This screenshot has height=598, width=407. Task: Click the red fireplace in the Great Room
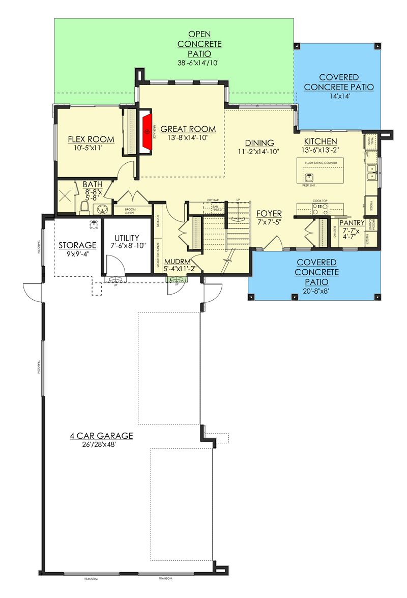click(148, 131)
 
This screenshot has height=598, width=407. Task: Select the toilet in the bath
click(85, 206)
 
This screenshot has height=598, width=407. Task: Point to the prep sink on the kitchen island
click(310, 177)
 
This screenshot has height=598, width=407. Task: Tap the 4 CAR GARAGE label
click(101, 436)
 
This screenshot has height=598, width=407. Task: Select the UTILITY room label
click(127, 238)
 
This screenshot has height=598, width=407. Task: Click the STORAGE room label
click(77, 245)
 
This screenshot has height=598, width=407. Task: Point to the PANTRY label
click(352, 222)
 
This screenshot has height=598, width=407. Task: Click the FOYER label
click(269, 213)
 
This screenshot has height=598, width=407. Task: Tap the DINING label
click(259, 143)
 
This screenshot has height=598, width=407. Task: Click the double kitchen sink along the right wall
click(372, 174)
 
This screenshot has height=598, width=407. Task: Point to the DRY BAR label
click(213, 200)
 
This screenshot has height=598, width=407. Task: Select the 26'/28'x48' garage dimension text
click(101, 444)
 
